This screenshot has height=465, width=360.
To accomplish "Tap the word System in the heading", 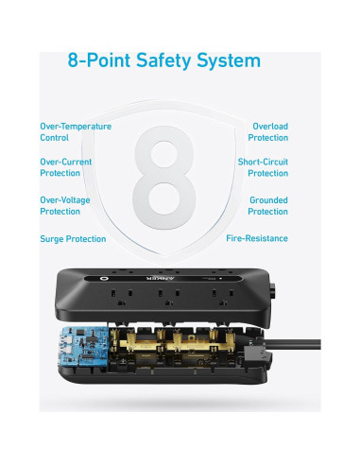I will pyautogui.click(x=232, y=61).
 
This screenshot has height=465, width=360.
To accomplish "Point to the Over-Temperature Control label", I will pyautogui.click(x=76, y=131).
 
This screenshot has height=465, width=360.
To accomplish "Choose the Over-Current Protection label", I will pyautogui.click(x=66, y=167).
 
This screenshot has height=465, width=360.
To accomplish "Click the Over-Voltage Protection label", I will pyautogui.click(x=66, y=205).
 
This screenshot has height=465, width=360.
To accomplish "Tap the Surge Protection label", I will pyautogui.click(x=72, y=238).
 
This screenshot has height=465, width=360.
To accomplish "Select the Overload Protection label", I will pyautogui.click(x=269, y=131).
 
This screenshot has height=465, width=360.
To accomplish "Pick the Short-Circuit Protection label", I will pyautogui.click(x=263, y=167).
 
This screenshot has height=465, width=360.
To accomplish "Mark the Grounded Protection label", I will pyautogui.click(x=268, y=205).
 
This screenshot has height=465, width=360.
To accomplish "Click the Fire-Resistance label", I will pyautogui.click(x=257, y=238).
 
